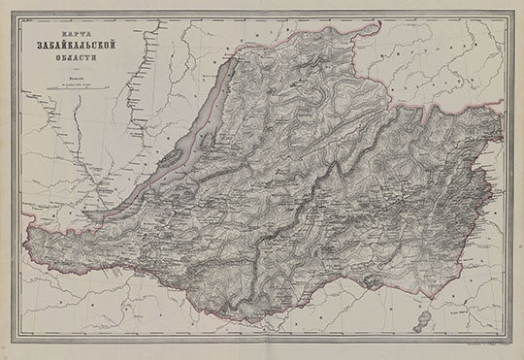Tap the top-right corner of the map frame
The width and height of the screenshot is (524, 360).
(510, 14)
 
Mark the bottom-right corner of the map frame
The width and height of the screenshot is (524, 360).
(510, 343)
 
